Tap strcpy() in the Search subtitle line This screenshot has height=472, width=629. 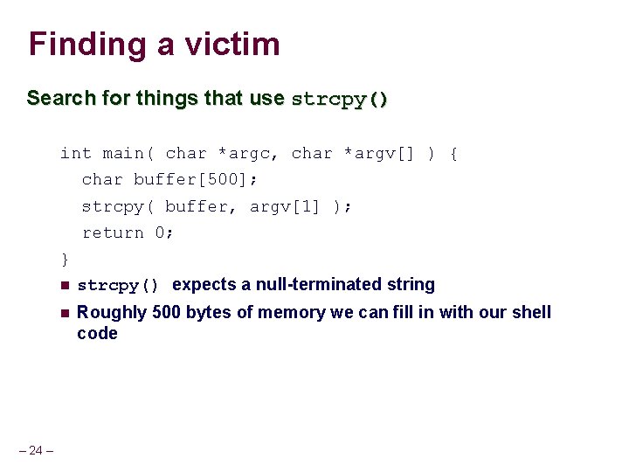point(340,99)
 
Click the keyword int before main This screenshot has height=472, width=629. point(75,154)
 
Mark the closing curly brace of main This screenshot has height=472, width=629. point(64,259)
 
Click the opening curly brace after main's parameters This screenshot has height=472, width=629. point(453,154)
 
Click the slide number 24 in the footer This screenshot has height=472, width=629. point(36,450)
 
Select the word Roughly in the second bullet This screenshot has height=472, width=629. point(112,313)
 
